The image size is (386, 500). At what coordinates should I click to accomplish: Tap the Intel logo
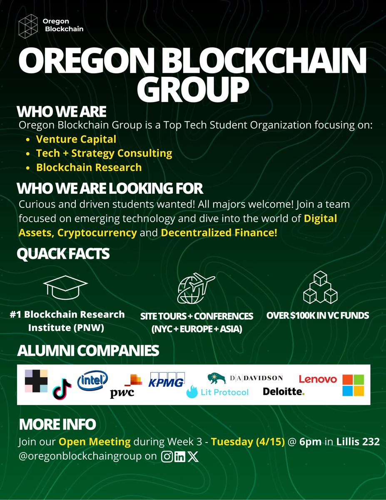(93, 379)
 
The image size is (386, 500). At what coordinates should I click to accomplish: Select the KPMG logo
(167, 380)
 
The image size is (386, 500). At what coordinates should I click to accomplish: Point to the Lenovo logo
(318, 379)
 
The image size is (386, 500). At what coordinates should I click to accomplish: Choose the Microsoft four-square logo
(353, 385)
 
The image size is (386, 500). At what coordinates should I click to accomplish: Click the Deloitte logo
(284, 392)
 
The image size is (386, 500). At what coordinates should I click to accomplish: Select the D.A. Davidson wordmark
(256, 378)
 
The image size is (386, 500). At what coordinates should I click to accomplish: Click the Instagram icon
(167, 456)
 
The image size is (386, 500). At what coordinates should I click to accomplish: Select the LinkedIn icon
(180, 456)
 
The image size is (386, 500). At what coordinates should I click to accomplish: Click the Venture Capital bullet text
(76, 139)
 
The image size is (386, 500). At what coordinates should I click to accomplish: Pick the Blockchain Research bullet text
(89, 167)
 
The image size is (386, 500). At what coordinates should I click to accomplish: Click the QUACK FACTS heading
(63, 254)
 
